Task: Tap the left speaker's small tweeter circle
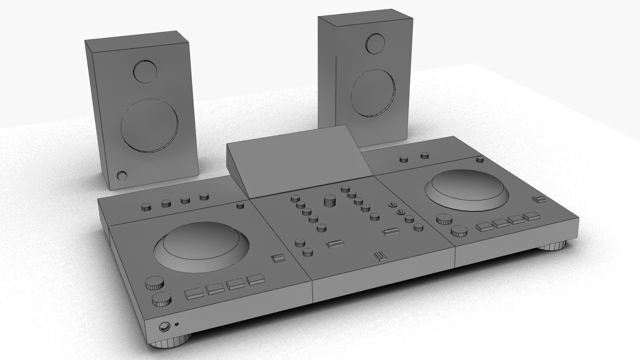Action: point(145,71)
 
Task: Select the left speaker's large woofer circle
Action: point(149,125)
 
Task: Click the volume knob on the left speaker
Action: point(121,176)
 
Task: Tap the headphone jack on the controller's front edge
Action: point(164,327)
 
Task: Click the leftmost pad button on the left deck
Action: point(194,293)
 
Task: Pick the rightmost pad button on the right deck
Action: point(531,216)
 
